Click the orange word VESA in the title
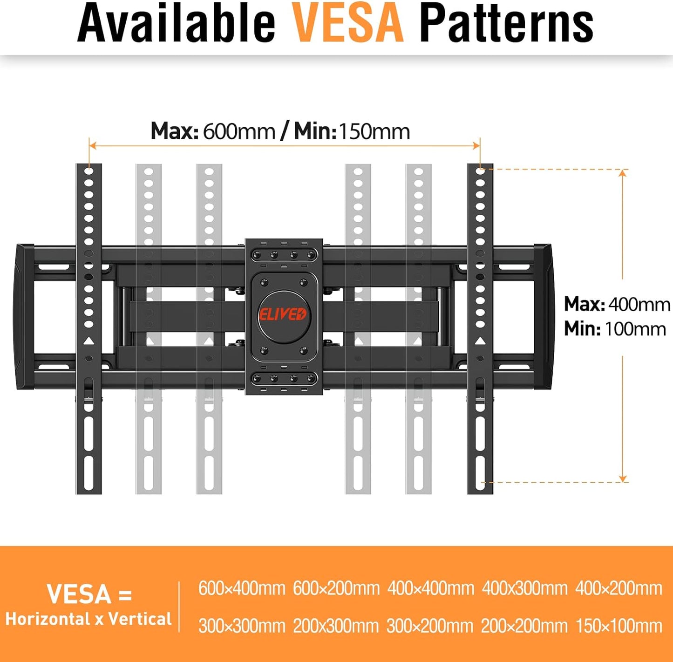[347, 23]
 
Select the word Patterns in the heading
[506, 23]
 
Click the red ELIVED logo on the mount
[283, 314]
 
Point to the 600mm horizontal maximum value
[239, 131]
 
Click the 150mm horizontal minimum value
[374, 131]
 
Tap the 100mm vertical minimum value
[635, 329]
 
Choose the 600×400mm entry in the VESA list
[242, 588]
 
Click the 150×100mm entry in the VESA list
[619, 626]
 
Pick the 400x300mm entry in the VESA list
[524, 588]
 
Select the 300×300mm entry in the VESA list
[242, 626]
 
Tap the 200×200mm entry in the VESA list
[524, 626]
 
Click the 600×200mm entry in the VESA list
[336, 588]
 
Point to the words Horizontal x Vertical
[88, 619]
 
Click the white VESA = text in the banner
[89, 594]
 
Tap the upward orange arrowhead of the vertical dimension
[623, 174]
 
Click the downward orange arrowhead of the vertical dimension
[623, 478]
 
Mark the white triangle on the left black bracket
[88, 341]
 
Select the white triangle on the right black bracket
[480, 341]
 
